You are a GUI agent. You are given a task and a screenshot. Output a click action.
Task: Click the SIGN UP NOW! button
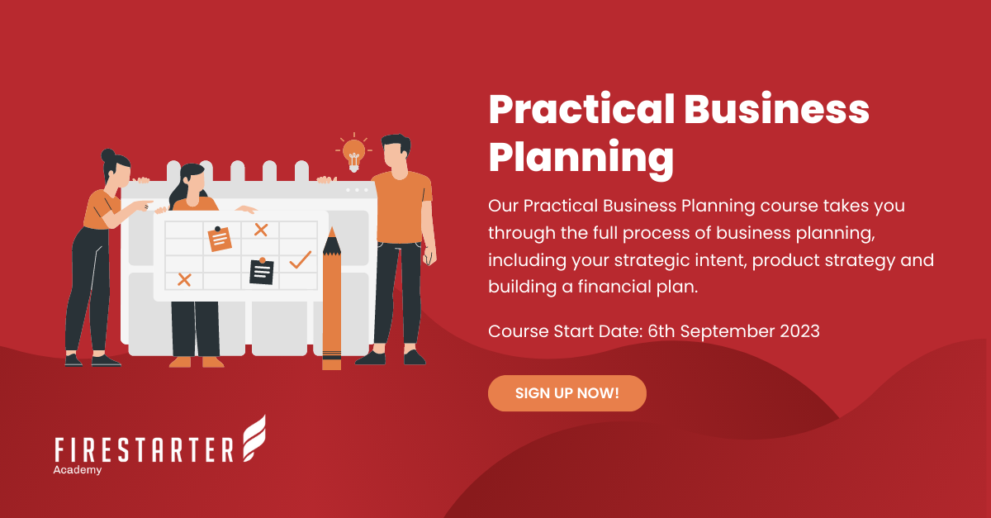point(567,393)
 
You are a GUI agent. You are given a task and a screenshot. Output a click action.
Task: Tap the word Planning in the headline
point(581,157)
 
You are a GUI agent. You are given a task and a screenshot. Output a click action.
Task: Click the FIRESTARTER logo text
point(145,450)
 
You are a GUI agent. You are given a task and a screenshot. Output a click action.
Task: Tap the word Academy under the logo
point(77,470)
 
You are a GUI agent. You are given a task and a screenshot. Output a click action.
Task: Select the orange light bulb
point(353,152)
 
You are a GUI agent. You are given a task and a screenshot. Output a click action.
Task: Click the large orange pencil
point(331,302)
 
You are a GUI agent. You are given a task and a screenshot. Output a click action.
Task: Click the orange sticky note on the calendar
point(220,239)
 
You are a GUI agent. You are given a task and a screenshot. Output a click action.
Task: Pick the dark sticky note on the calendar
point(261,272)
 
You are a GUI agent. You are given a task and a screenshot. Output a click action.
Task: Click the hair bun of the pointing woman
point(108,154)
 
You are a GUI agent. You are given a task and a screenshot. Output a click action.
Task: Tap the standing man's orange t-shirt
point(401,207)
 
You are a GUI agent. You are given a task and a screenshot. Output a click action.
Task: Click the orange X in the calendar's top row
point(261,230)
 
